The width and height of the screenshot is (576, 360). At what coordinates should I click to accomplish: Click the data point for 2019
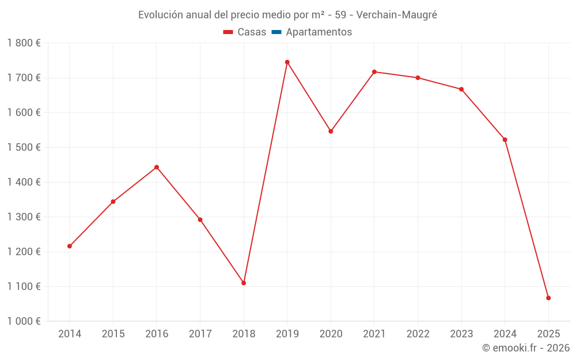(287, 62)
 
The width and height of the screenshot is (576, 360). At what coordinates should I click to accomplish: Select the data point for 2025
(548, 298)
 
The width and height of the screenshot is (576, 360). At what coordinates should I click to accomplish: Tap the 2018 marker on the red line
(244, 283)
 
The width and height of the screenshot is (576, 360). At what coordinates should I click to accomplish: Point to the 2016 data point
(157, 167)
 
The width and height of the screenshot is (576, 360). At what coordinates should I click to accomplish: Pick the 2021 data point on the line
(374, 72)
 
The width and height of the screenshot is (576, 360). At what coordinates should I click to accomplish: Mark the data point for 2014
(70, 246)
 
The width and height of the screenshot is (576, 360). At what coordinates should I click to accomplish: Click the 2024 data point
(505, 139)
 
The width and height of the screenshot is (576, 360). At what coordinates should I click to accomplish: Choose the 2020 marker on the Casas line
(331, 131)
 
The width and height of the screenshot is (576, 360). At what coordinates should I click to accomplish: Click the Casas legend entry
(245, 32)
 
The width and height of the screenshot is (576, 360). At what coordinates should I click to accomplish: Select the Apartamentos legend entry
(312, 32)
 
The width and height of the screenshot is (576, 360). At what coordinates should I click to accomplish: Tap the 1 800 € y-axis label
(24, 43)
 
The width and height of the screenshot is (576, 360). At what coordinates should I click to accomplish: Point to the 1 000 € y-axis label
(24, 321)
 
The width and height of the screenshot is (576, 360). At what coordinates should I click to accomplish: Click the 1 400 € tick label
(24, 182)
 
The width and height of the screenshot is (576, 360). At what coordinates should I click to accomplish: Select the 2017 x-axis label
(200, 334)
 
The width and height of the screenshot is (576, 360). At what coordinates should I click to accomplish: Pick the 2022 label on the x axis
(418, 334)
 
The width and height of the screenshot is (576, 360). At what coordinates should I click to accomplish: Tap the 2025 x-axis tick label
(548, 334)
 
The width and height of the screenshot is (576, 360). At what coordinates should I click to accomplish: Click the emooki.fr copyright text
(526, 348)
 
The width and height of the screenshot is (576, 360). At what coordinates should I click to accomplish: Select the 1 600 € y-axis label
(24, 112)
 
